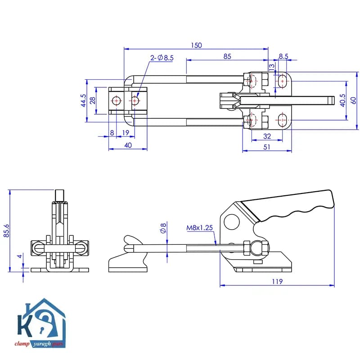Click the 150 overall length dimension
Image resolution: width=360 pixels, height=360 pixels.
196,45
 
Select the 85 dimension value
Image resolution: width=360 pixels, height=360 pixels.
227,57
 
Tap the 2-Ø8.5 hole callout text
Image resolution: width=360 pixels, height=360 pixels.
162,58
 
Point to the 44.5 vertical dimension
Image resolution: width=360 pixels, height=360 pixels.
83,100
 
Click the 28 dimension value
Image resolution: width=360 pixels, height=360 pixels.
92,100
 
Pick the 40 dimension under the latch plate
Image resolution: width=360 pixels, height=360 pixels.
128,145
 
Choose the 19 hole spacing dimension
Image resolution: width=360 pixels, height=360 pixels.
126,133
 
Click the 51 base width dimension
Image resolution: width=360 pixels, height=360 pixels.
266,147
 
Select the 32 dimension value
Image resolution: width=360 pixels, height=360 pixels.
267,136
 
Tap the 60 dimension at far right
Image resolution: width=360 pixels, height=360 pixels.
354,100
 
